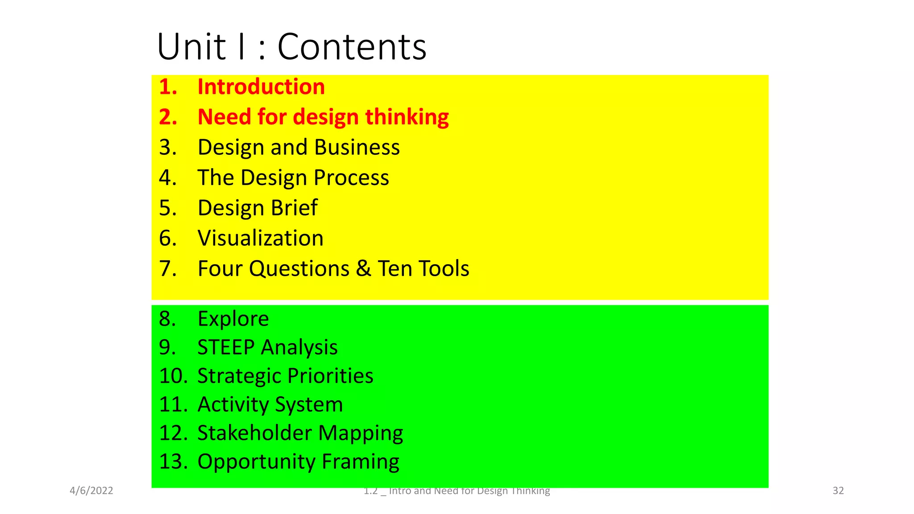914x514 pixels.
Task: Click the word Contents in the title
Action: point(352,47)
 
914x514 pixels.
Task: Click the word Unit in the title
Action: point(191,47)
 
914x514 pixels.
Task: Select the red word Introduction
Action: point(261,87)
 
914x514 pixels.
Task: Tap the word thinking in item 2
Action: point(407,117)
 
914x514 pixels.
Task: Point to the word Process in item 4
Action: point(351,178)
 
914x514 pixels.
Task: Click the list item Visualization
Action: point(260,238)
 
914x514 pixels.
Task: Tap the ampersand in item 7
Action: point(363,269)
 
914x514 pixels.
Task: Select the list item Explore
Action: point(233,319)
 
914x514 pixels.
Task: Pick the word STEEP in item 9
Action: point(226,347)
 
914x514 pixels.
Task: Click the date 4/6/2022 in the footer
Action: point(91,491)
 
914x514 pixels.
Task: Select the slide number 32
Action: point(838,491)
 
